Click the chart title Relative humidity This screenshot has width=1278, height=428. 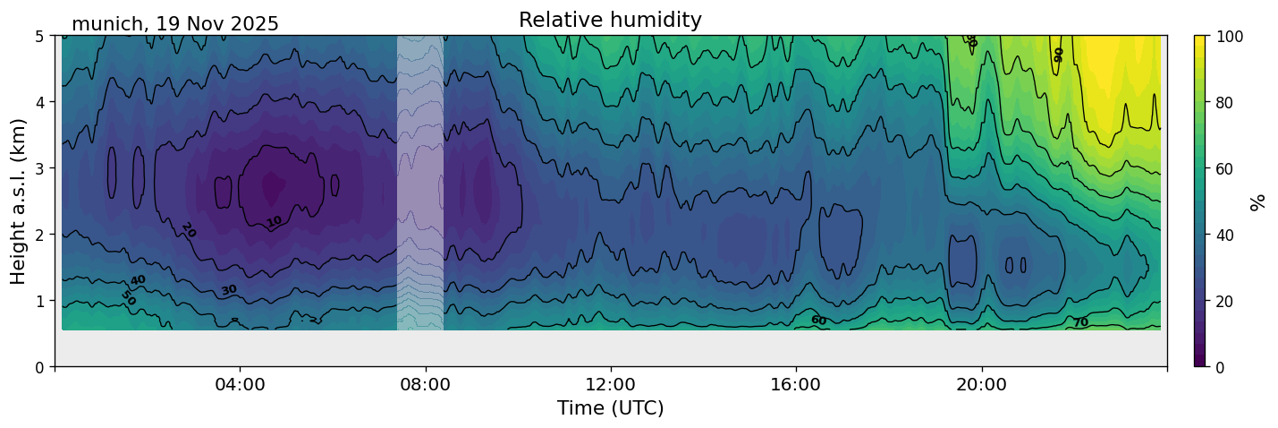click(610, 20)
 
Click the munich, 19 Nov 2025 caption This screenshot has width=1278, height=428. click(175, 24)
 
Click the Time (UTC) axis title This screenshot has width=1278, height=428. click(610, 408)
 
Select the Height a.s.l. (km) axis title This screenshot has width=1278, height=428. click(19, 201)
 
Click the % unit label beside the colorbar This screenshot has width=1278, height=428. click(1258, 201)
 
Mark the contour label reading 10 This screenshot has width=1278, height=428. click(274, 221)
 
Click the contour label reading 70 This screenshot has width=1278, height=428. click(1080, 322)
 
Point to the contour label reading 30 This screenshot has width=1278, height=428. click(229, 290)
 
